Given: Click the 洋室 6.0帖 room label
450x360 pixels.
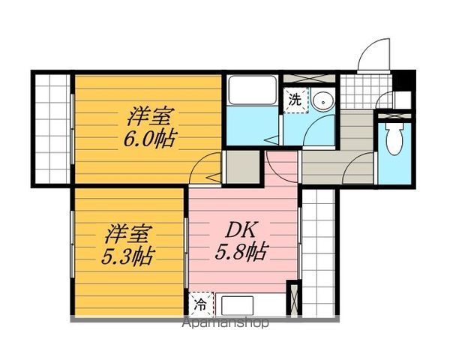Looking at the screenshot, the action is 149,127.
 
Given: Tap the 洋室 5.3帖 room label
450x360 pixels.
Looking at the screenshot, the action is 128,245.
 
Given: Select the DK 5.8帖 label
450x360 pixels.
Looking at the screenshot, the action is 241,240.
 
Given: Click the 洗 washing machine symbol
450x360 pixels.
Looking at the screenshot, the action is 295,100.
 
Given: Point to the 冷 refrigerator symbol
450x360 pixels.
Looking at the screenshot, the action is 201,305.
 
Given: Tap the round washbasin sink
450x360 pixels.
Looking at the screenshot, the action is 323,101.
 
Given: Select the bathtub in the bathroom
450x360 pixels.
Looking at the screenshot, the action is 252,90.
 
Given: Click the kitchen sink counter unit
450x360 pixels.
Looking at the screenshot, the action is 250,305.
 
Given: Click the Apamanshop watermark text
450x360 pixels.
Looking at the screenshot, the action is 226,323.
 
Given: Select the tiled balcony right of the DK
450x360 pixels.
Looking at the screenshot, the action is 319,253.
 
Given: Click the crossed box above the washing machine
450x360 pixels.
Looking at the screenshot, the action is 309,78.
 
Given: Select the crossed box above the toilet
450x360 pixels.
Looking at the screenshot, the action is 394,116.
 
